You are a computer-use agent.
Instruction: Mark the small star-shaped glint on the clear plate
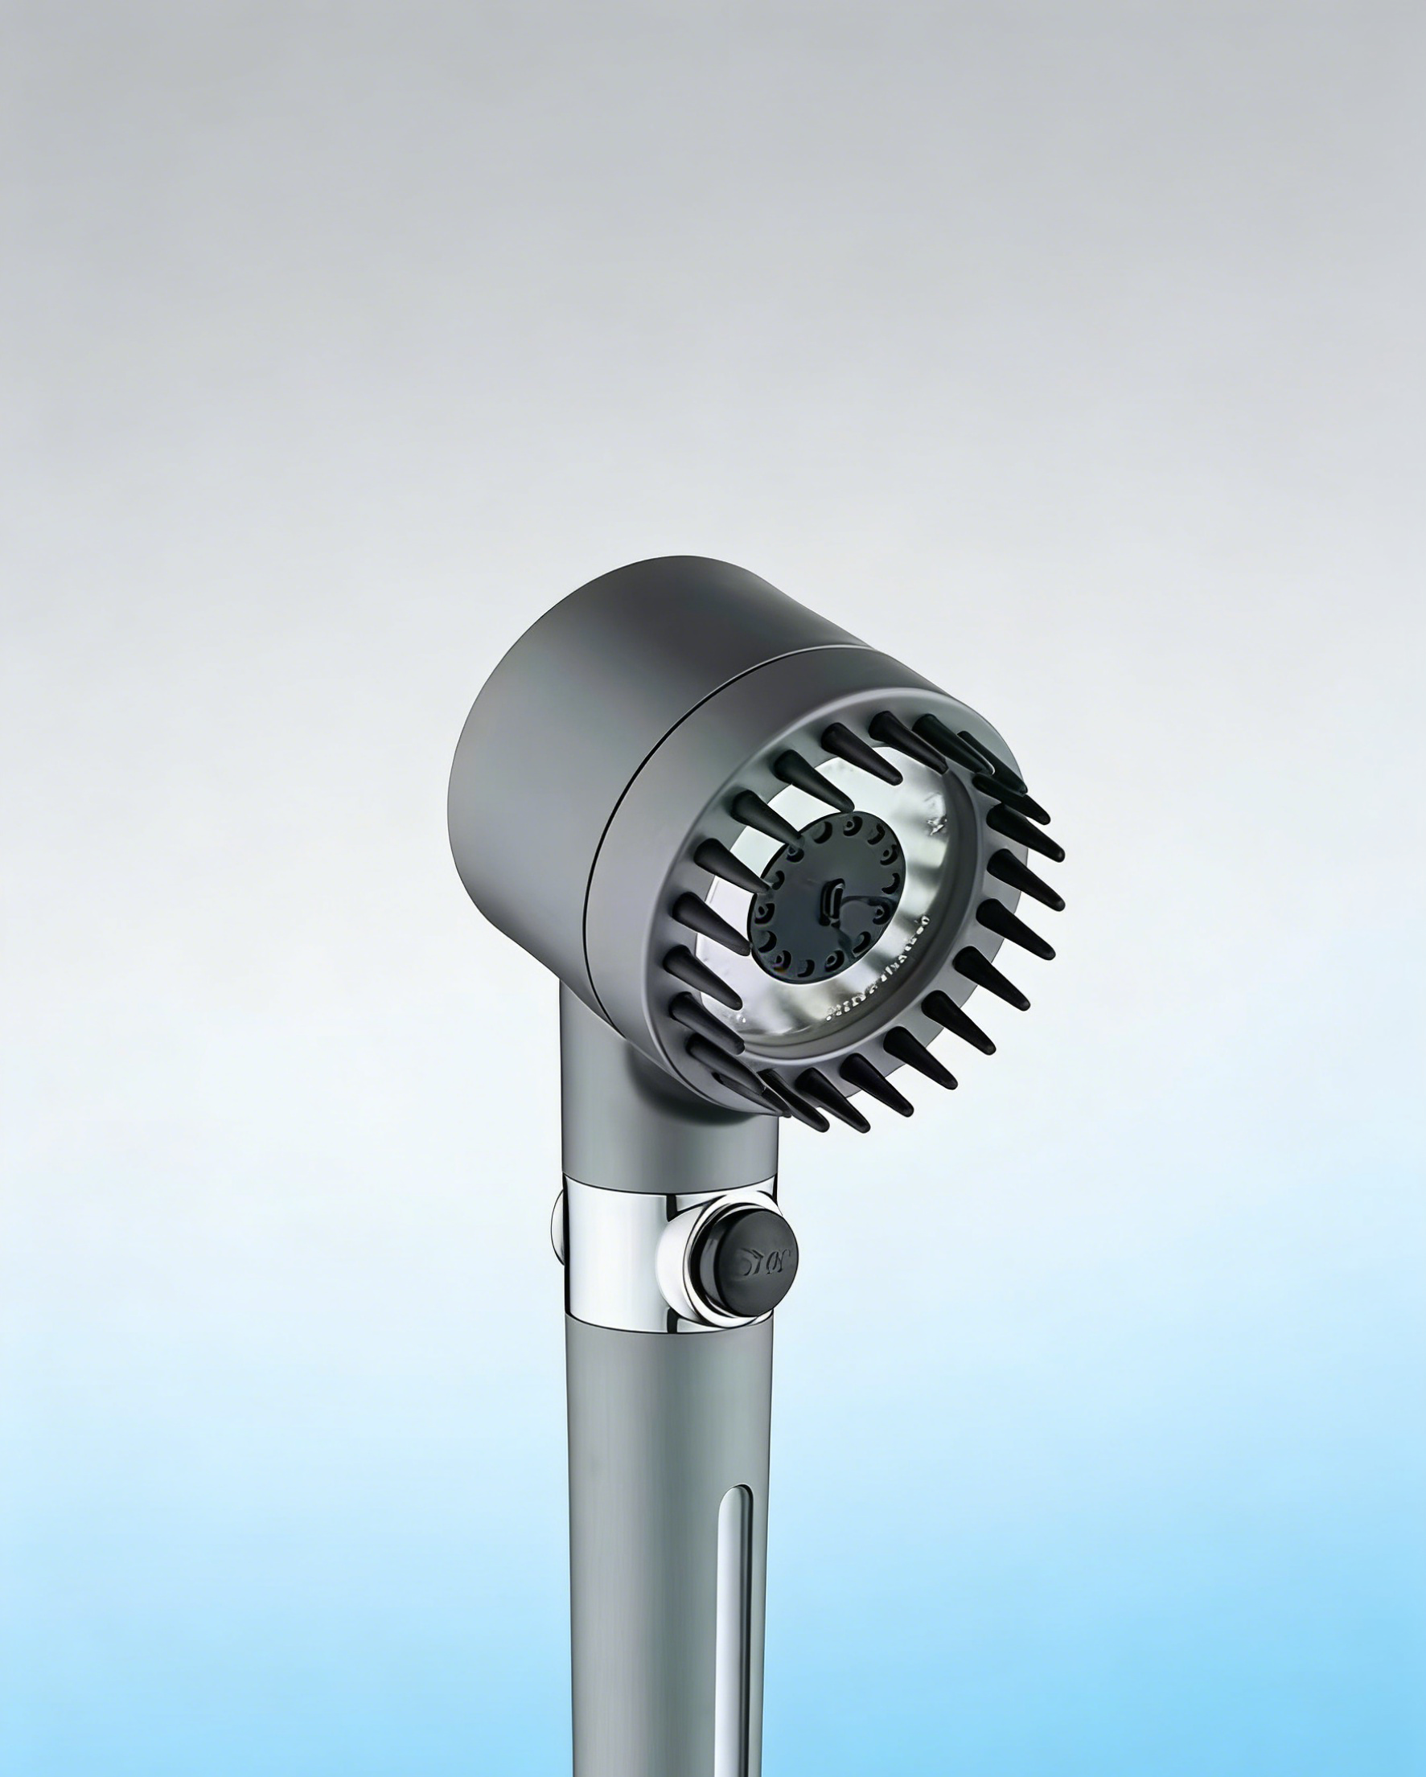(935, 822)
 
